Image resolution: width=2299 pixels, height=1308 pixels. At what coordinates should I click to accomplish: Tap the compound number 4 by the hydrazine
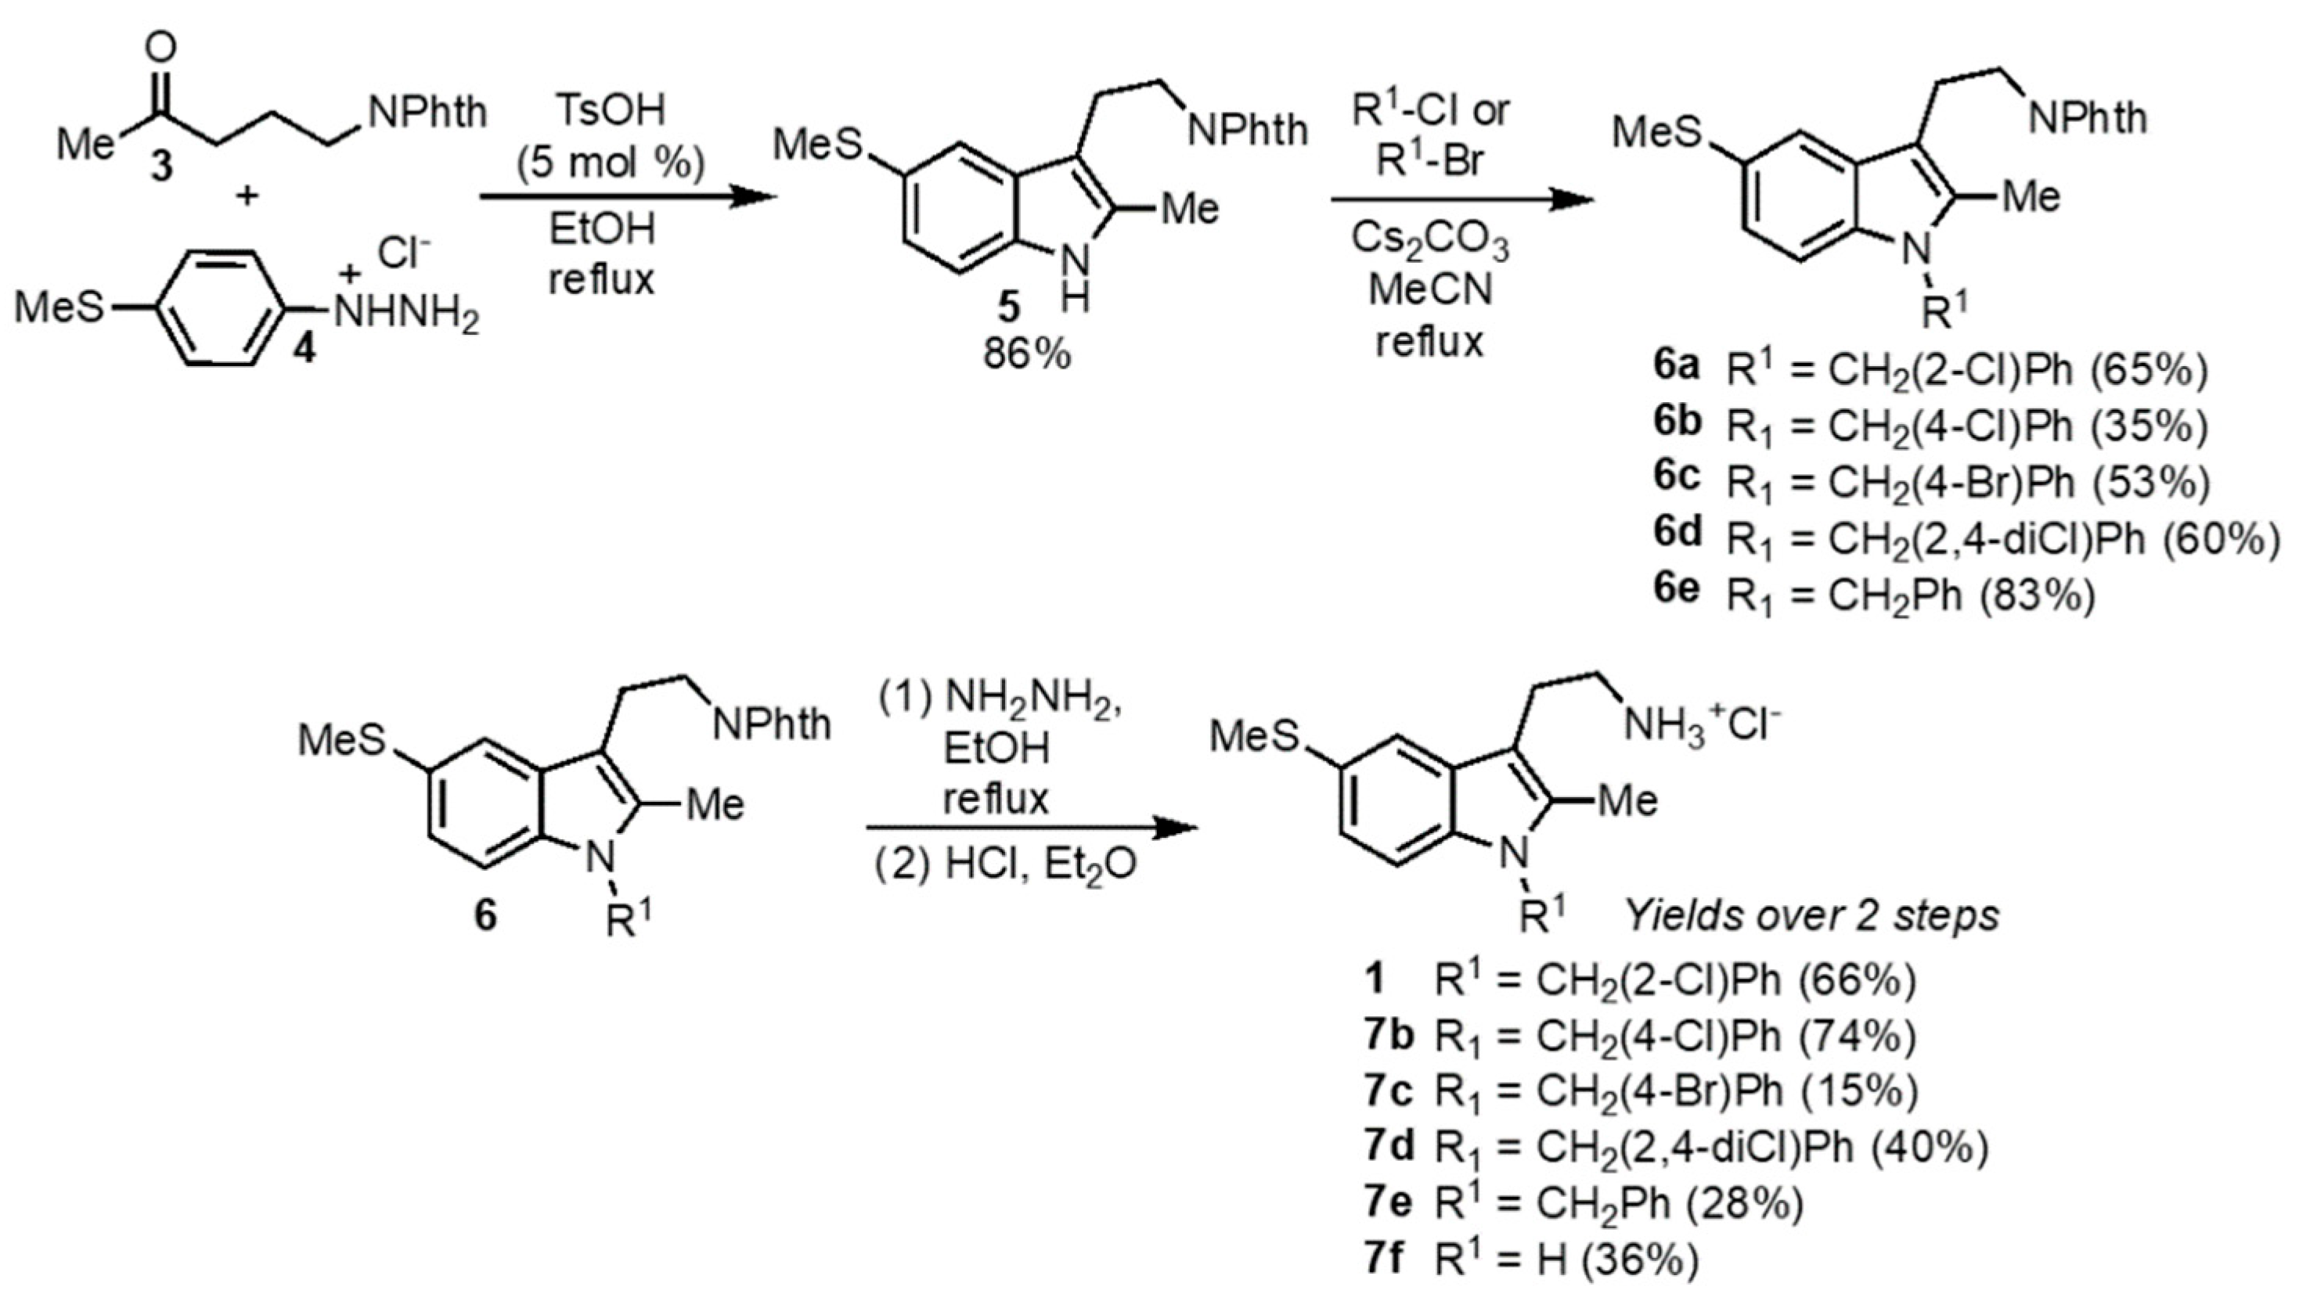(305, 347)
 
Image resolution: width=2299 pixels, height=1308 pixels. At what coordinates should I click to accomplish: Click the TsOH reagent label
(611, 110)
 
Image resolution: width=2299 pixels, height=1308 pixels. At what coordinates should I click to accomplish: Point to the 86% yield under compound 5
(1026, 355)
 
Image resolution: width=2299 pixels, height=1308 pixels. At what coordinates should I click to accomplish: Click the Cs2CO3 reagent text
(1430, 241)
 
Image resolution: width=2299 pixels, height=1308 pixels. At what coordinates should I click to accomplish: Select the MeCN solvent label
(1430, 289)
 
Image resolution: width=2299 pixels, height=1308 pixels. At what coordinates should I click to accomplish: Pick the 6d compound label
(1677, 534)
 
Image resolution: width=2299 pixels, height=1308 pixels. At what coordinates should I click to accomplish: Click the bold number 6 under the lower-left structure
(485, 916)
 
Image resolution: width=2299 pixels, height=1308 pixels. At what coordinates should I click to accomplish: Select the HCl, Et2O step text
(1005, 864)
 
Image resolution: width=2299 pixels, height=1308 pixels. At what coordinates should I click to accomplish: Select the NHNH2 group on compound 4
(405, 314)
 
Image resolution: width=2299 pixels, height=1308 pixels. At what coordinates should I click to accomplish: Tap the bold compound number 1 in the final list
(1375, 979)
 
